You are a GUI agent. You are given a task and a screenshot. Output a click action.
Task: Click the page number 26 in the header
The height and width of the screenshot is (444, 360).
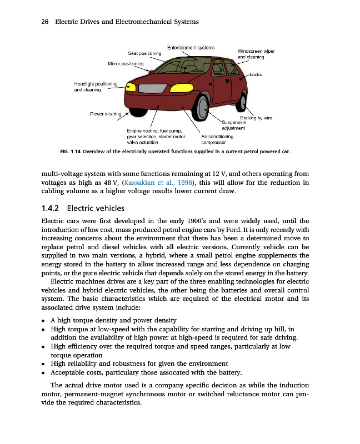tap(46, 22)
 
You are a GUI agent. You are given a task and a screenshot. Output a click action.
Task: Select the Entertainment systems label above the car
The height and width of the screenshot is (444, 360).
tap(191, 47)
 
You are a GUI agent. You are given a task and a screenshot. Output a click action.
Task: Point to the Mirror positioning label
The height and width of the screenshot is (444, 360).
tap(126, 64)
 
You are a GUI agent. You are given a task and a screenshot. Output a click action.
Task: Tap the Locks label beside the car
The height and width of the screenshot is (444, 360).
tap(256, 74)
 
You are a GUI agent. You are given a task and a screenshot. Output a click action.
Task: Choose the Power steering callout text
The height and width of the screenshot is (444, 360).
tap(106, 114)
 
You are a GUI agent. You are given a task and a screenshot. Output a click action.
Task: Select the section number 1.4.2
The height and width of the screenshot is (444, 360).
tap(51, 209)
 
